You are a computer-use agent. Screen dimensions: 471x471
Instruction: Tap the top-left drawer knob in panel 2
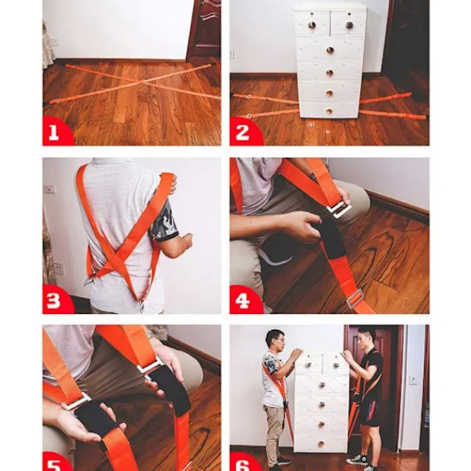point(312,24)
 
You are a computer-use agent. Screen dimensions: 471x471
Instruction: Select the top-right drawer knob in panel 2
point(349,25)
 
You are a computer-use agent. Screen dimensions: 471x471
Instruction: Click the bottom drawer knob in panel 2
point(329,111)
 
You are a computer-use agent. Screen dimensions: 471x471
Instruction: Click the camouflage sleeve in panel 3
point(165,219)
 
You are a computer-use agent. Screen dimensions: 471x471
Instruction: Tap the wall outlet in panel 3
point(49,189)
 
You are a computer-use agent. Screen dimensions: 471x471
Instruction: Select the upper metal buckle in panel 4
point(338,210)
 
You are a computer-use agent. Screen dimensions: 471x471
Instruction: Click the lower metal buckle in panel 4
point(355,298)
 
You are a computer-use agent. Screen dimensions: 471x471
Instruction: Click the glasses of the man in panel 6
point(279,340)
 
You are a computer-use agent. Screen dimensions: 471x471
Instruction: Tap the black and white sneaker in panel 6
point(357,459)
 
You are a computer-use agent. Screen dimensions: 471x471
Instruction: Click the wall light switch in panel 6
point(414,380)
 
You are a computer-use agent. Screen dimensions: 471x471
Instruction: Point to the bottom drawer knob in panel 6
point(321,444)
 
